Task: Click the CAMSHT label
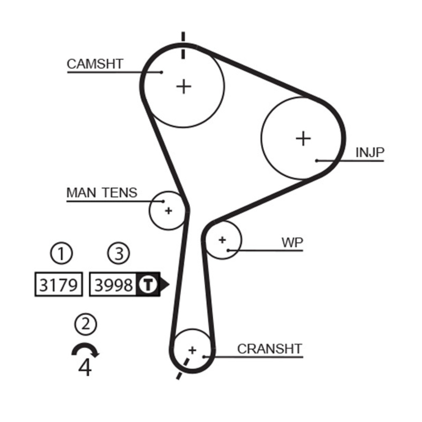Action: tap(95, 64)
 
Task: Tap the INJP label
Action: tap(370, 153)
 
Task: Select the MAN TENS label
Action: tap(101, 193)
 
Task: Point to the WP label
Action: tap(292, 243)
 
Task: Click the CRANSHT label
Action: tap(270, 349)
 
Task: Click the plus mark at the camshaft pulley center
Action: tap(184, 86)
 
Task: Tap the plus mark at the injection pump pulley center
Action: tap(303, 138)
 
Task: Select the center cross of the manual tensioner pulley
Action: tap(168, 210)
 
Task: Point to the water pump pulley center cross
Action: tap(222, 239)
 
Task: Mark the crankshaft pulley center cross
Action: tap(192, 349)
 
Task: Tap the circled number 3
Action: tap(118, 254)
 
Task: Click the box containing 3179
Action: tap(59, 285)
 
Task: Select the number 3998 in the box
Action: tap(113, 285)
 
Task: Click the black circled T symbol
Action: tap(148, 285)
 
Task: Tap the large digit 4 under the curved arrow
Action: tap(85, 367)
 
